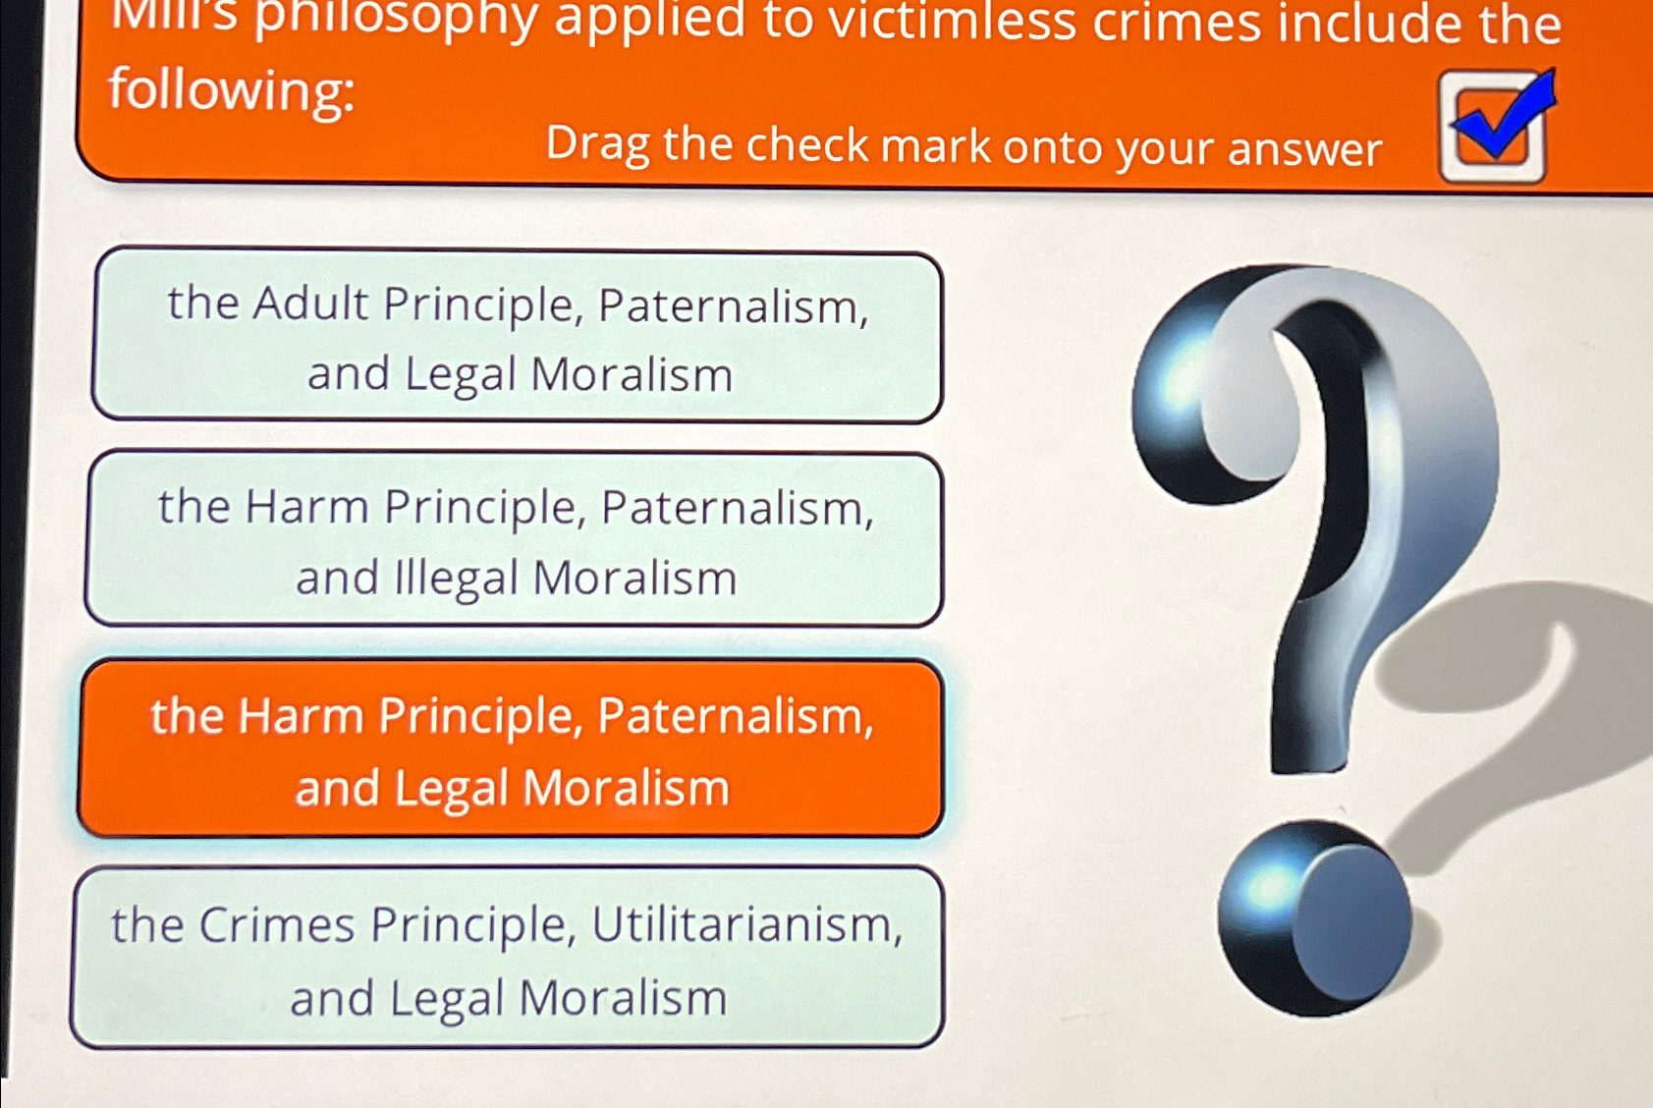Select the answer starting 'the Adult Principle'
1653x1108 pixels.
[x=518, y=337]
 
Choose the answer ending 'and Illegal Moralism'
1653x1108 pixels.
[x=515, y=539]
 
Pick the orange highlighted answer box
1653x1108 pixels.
[x=511, y=749]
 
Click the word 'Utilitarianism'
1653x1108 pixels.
[x=746, y=925]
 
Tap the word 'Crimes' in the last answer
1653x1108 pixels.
[x=276, y=925]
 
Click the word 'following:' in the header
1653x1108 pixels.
[x=232, y=91]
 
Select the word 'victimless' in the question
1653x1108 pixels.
[x=952, y=23]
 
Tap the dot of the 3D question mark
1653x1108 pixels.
[x=1313, y=918]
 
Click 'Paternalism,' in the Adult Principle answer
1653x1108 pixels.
[x=733, y=306]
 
